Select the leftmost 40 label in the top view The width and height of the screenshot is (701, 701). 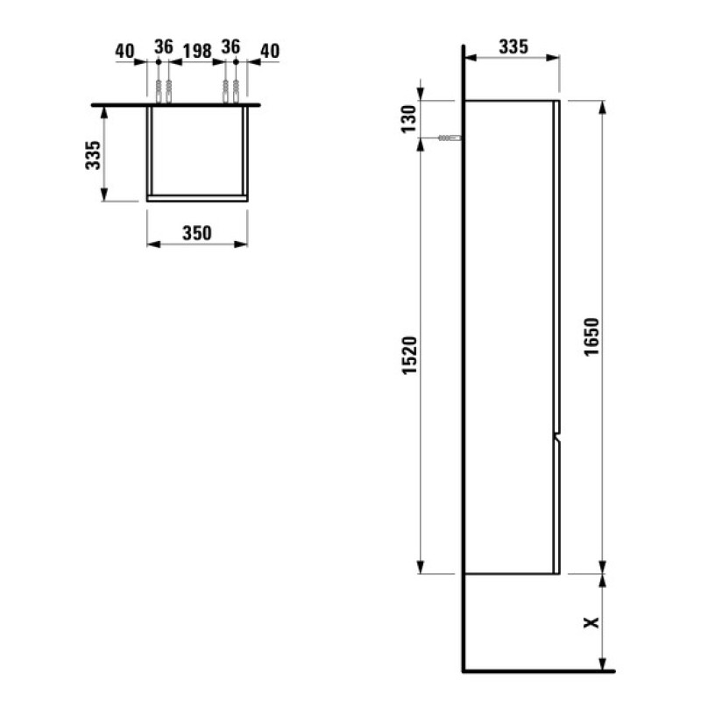[124, 50]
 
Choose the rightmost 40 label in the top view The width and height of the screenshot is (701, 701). [268, 50]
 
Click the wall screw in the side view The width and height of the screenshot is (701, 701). [449, 138]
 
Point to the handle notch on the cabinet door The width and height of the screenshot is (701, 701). [556, 435]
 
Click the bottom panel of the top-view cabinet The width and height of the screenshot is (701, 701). [197, 198]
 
